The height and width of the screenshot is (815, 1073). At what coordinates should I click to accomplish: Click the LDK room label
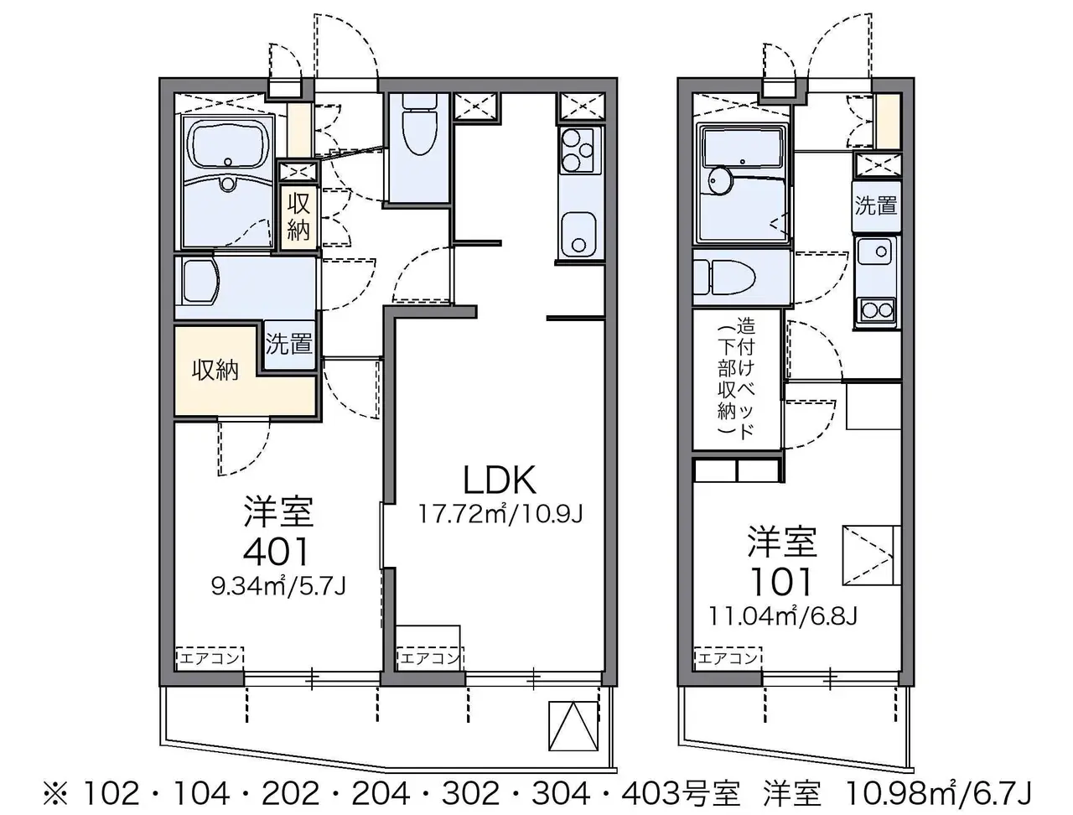click(x=499, y=480)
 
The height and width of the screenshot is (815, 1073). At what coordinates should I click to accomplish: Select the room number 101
click(x=780, y=581)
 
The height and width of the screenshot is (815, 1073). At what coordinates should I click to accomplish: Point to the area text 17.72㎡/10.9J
click(x=500, y=514)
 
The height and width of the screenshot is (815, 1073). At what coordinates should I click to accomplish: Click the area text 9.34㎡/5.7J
click(x=278, y=586)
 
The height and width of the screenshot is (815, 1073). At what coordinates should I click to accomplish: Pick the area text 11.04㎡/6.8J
click(x=783, y=616)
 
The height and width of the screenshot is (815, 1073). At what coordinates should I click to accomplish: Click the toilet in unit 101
click(x=724, y=277)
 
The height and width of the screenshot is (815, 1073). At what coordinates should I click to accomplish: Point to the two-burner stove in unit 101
click(x=877, y=310)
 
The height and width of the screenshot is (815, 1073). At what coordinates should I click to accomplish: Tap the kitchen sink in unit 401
click(x=578, y=235)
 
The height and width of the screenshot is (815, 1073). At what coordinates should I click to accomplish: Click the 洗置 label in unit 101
click(x=875, y=205)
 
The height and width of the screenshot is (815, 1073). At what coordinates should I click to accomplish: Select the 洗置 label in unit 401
click(x=288, y=344)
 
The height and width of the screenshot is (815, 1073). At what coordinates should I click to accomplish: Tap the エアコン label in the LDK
click(x=428, y=657)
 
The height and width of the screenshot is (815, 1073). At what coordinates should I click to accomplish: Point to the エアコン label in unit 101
click(x=727, y=658)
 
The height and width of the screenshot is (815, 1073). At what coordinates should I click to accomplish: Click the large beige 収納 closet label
click(x=215, y=370)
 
